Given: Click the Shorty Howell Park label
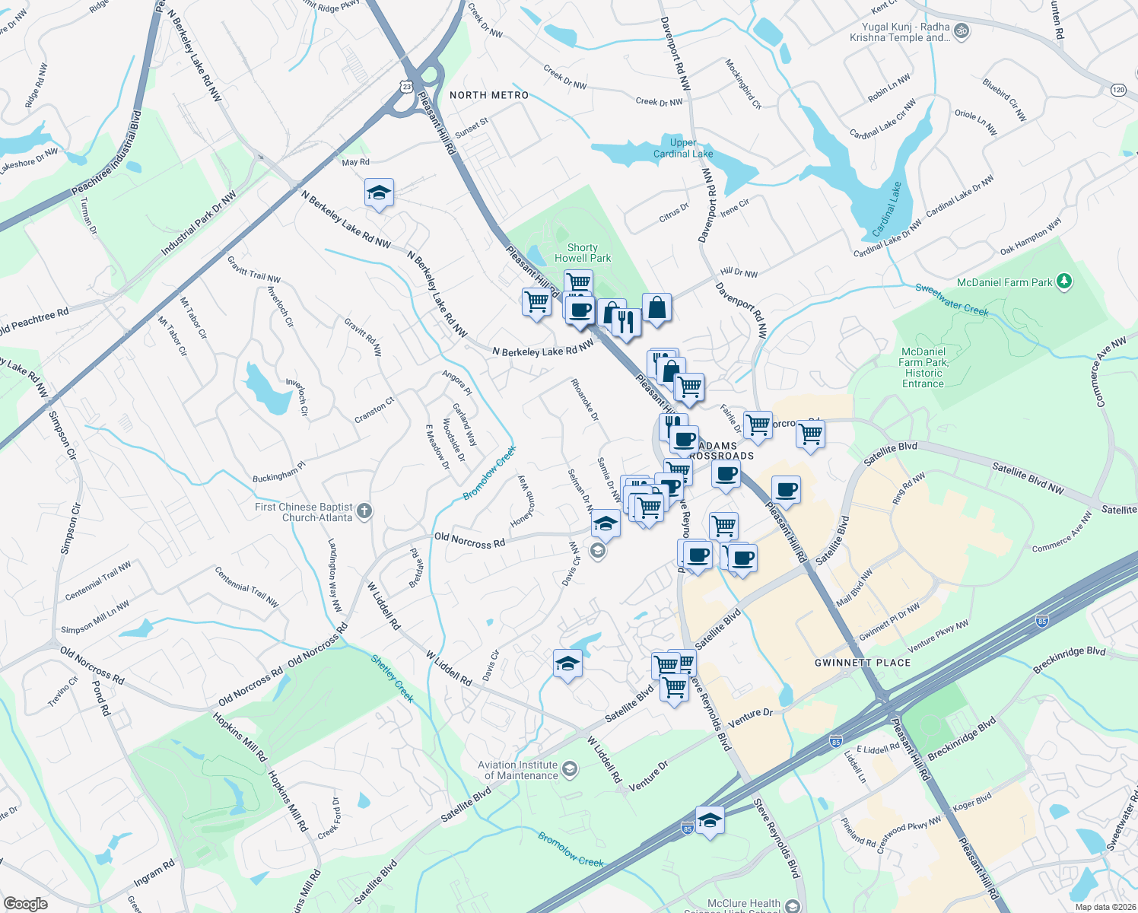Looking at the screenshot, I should (x=583, y=253).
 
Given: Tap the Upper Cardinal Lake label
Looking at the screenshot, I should (x=683, y=148).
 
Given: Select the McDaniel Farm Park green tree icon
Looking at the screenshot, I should (x=1065, y=282).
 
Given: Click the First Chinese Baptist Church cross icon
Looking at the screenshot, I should (x=364, y=511).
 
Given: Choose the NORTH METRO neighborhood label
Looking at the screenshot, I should (x=489, y=95).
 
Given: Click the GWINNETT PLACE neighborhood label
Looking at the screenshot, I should (x=863, y=663).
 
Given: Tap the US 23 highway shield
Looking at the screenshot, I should (x=407, y=87).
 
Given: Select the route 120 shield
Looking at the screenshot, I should (x=1117, y=90).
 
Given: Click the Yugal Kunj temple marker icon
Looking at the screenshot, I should (x=962, y=31).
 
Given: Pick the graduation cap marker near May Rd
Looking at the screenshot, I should (x=379, y=192).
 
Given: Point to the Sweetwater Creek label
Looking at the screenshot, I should (x=952, y=299).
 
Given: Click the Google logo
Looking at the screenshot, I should (x=25, y=903).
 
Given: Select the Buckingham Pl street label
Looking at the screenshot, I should (x=278, y=472).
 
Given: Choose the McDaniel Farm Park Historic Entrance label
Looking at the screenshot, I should (x=923, y=367).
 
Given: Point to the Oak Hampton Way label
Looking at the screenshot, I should (x=1030, y=237).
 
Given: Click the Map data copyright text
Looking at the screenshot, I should (x=1105, y=906).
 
